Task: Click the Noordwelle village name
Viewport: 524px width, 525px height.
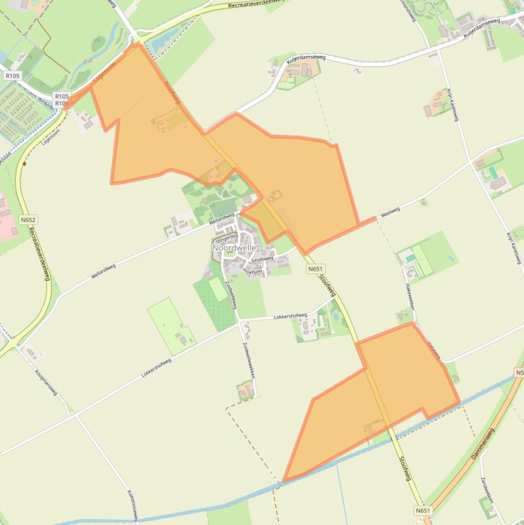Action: pos(234,248)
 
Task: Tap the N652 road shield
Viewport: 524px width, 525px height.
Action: pos(28,220)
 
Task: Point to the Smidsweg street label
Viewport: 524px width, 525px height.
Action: pos(262,259)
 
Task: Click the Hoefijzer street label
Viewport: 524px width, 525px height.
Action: pos(253,271)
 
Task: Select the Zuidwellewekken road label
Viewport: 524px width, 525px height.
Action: pos(247,360)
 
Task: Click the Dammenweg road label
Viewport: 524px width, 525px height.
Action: pos(482,442)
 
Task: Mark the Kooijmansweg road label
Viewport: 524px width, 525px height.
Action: pos(47,382)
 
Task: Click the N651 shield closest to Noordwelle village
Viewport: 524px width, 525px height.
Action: pos(315,269)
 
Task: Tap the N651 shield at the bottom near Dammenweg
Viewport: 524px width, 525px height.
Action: pos(422,511)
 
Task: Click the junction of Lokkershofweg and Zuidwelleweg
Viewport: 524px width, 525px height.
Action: pos(239,319)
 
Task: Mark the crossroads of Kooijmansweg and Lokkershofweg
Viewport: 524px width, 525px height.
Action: pos(74,414)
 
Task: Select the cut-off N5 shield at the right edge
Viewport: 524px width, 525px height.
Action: pos(519,373)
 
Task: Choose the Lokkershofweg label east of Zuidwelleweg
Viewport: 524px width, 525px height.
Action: pos(290,316)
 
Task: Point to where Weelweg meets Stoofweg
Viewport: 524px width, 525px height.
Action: pos(305,253)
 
